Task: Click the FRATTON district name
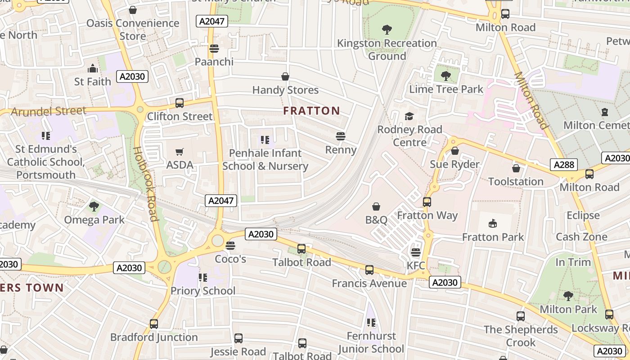pos(311,111)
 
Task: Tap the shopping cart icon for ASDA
pos(180,152)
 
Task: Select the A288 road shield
pos(564,165)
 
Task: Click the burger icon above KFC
pos(416,252)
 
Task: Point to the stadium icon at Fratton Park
pos(493,224)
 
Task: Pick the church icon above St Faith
pos(93,68)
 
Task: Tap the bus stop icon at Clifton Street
pos(180,103)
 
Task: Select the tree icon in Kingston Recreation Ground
pos(387,30)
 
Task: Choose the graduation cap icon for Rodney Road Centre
pos(409,117)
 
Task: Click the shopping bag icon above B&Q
pos(376,207)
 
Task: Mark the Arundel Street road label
pos(48,111)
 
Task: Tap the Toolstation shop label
pos(516,182)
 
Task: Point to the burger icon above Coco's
pos(230,246)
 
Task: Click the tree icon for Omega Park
pos(94,207)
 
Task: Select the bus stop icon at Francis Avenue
pos(369,270)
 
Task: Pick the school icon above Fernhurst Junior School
pos(371,323)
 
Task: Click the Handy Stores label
pos(285,90)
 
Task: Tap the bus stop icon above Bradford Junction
pos(154,324)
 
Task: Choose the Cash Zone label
pos(581,237)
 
